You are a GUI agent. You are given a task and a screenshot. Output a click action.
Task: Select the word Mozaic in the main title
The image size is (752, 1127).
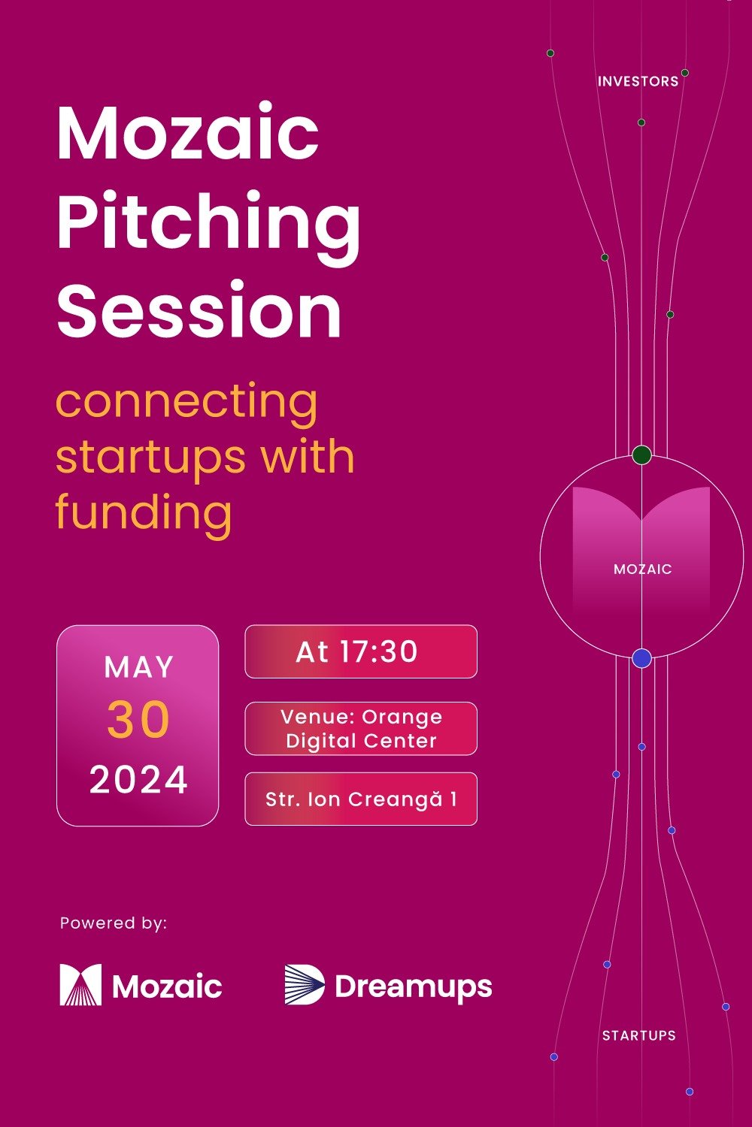[x=188, y=134]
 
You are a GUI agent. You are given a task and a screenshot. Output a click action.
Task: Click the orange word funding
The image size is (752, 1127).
[x=144, y=512]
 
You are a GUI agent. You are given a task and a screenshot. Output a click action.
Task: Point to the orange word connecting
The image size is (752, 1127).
[x=186, y=403]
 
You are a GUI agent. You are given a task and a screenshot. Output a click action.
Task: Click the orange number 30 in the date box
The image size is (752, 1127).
[x=138, y=720]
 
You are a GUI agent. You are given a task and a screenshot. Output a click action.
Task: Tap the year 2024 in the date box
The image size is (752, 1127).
[x=138, y=780]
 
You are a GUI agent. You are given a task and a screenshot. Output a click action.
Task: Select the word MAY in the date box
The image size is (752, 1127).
[x=138, y=667]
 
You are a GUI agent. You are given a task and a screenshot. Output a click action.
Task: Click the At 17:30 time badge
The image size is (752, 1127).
[x=361, y=651]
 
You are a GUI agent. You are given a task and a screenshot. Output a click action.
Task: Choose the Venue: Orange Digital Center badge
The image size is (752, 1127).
[x=361, y=729]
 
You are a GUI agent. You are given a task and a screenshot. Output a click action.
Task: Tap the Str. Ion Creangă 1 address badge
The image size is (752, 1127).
[x=361, y=799]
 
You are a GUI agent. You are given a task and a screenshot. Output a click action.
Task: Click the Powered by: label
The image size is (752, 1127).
[x=114, y=923]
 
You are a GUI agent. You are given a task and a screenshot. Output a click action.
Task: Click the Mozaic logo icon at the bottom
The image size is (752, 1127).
[x=80, y=985]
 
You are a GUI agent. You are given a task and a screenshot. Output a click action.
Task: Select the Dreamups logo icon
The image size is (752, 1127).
[x=305, y=985]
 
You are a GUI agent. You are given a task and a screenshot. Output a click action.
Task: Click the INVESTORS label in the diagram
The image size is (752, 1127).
[x=638, y=81]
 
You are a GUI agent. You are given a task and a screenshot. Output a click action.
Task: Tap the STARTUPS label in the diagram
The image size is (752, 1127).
[x=638, y=1035]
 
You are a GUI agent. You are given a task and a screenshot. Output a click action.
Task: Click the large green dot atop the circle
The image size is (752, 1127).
[x=641, y=455]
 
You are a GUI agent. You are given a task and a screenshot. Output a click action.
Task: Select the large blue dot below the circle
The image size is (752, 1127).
[x=641, y=659]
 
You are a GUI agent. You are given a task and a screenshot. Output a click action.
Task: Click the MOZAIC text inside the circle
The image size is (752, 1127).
[x=642, y=570]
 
